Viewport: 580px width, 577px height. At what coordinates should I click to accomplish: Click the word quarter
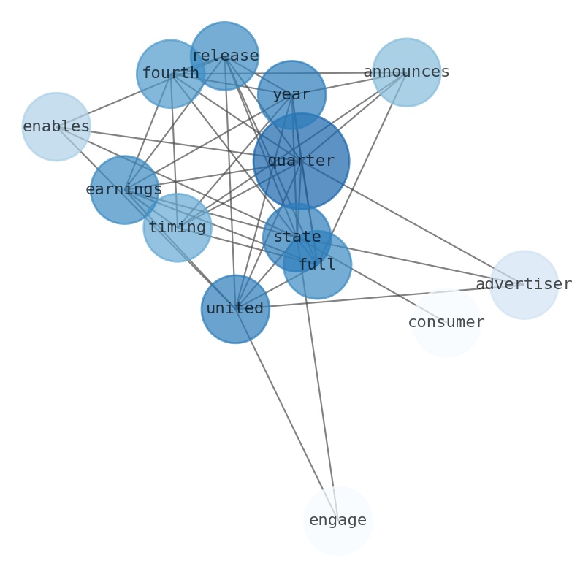(301, 161)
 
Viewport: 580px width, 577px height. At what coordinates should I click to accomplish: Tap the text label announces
(406, 72)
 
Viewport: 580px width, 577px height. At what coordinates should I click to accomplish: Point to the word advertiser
(524, 284)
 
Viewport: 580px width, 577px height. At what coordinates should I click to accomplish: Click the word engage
(337, 520)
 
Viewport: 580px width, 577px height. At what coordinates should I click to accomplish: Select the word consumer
(446, 322)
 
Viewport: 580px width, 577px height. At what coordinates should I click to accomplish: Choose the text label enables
(56, 126)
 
